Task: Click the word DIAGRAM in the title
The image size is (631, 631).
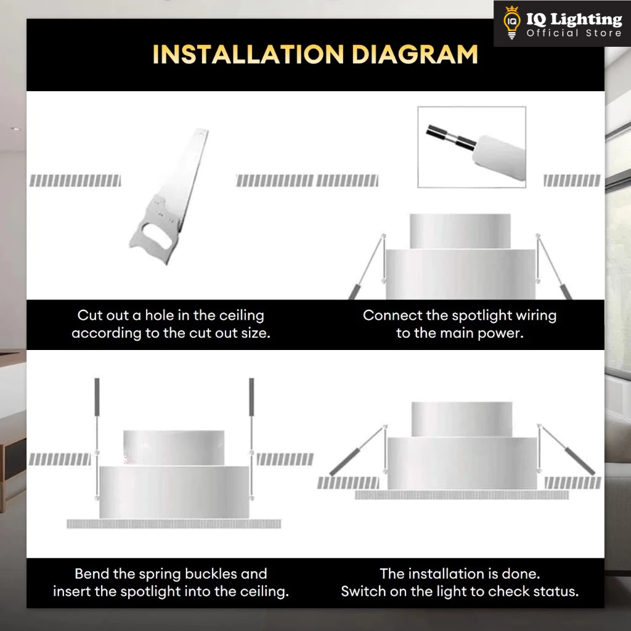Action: pyautogui.click(x=415, y=54)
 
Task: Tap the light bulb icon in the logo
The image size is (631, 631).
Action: pyautogui.click(x=511, y=23)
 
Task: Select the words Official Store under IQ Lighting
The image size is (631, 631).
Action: pyautogui.click(x=574, y=33)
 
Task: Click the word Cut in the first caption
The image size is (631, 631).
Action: pyautogui.click(x=88, y=315)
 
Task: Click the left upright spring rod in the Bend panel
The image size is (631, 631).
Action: pyautogui.click(x=97, y=439)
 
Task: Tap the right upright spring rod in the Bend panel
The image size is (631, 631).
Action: pyautogui.click(x=251, y=439)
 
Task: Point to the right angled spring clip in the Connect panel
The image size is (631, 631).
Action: pyautogui.click(x=554, y=266)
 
